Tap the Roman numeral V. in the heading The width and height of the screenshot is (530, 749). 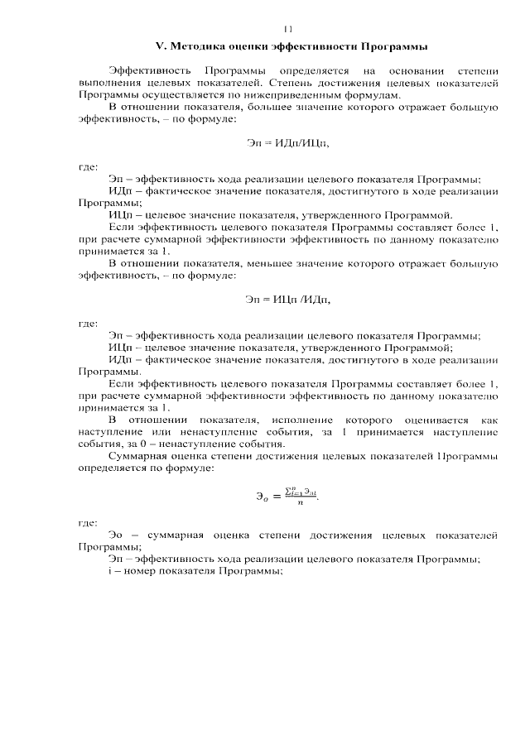click(x=162, y=44)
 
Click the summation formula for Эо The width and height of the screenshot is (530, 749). click(x=287, y=497)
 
